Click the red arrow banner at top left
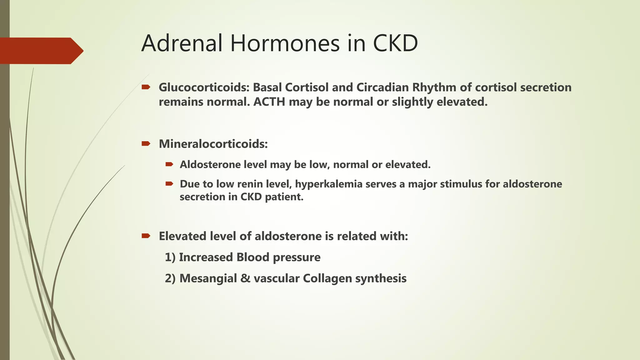41,51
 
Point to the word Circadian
382,87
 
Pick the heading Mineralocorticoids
213,144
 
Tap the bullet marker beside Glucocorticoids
146,87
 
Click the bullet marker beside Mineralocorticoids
146,144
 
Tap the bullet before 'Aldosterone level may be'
169,164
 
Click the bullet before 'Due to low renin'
169,184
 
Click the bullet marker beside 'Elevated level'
146,236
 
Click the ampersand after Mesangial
245,278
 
